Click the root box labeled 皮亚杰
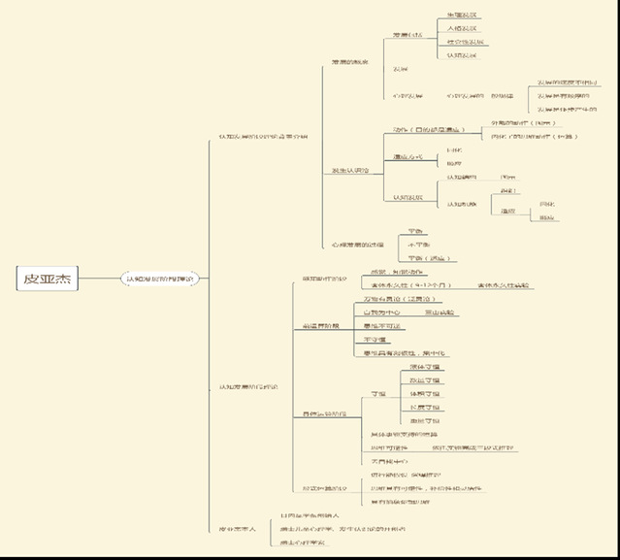(49, 280)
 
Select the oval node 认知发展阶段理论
(160, 280)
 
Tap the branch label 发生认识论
(348, 171)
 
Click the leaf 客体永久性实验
(505, 285)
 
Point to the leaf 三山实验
(440, 313)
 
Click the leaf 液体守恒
(424, 367)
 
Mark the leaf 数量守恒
(424, 380)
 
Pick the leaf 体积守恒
(424, 394)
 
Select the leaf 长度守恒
(424, 408)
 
